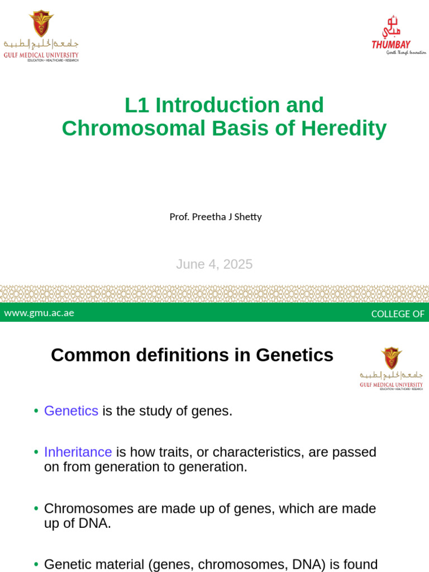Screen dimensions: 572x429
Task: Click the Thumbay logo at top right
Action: point(398,36)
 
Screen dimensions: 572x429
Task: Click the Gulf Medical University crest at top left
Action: point(41,23)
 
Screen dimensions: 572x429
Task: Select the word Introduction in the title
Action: point(217,105)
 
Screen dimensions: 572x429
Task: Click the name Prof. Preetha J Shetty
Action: point(216,217)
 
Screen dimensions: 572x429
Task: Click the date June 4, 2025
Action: point(214,264)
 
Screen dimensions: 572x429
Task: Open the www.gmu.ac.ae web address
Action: point(39,313)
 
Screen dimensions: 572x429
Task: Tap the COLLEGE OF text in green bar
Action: point(398,313)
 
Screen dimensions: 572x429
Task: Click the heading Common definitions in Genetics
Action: point(192,355)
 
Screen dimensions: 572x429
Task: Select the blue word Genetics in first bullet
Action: point(71,411)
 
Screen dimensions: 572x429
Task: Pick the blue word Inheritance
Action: point(78,452)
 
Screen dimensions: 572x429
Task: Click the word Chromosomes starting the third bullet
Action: point(89,509)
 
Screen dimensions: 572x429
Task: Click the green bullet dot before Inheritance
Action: point(36,452)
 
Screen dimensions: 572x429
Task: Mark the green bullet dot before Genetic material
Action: point(36,565)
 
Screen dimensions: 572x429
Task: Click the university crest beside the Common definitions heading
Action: point(391,357)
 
